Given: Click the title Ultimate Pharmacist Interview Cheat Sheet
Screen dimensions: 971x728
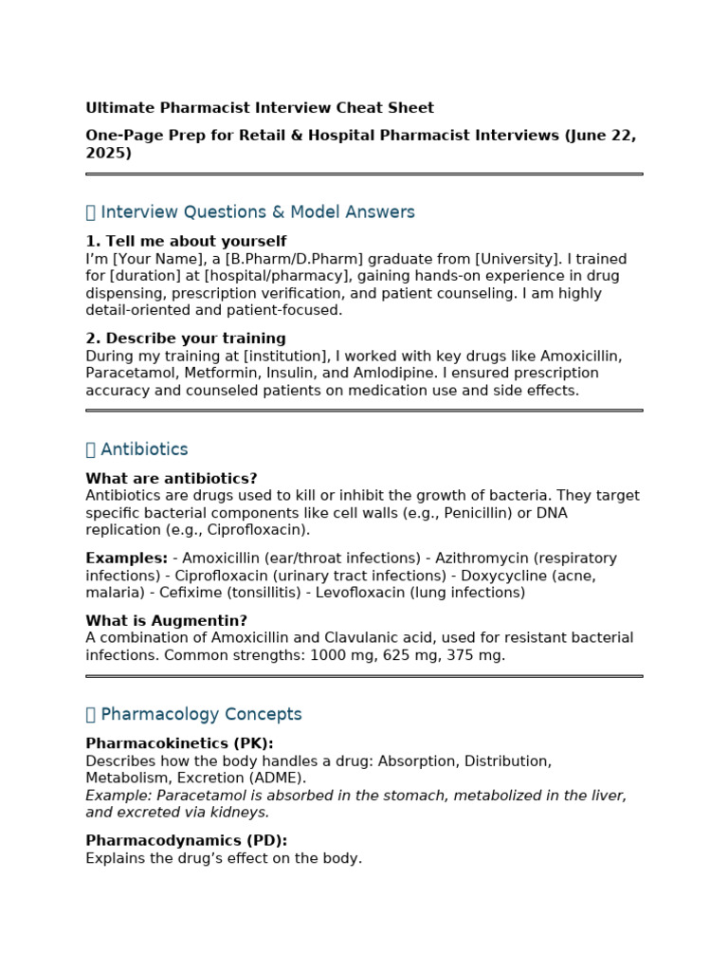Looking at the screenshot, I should (x=260, y=108).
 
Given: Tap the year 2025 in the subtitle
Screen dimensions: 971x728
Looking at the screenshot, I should (x=105, y=153).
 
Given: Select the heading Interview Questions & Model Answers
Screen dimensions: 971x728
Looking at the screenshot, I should (x=257, y=212).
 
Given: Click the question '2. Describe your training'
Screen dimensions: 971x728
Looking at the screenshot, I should (x=186, y=339).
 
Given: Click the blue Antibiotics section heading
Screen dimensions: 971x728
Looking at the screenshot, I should (x=144, y=449).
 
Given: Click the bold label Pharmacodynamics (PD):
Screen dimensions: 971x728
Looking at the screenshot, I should (x=186, y=841).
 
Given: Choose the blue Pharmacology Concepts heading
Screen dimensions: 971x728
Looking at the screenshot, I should (x=201, y=715).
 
